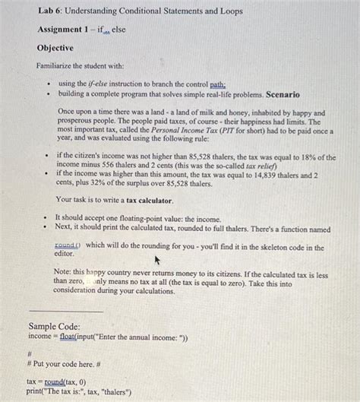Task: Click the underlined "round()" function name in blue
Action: coord(68,246)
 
